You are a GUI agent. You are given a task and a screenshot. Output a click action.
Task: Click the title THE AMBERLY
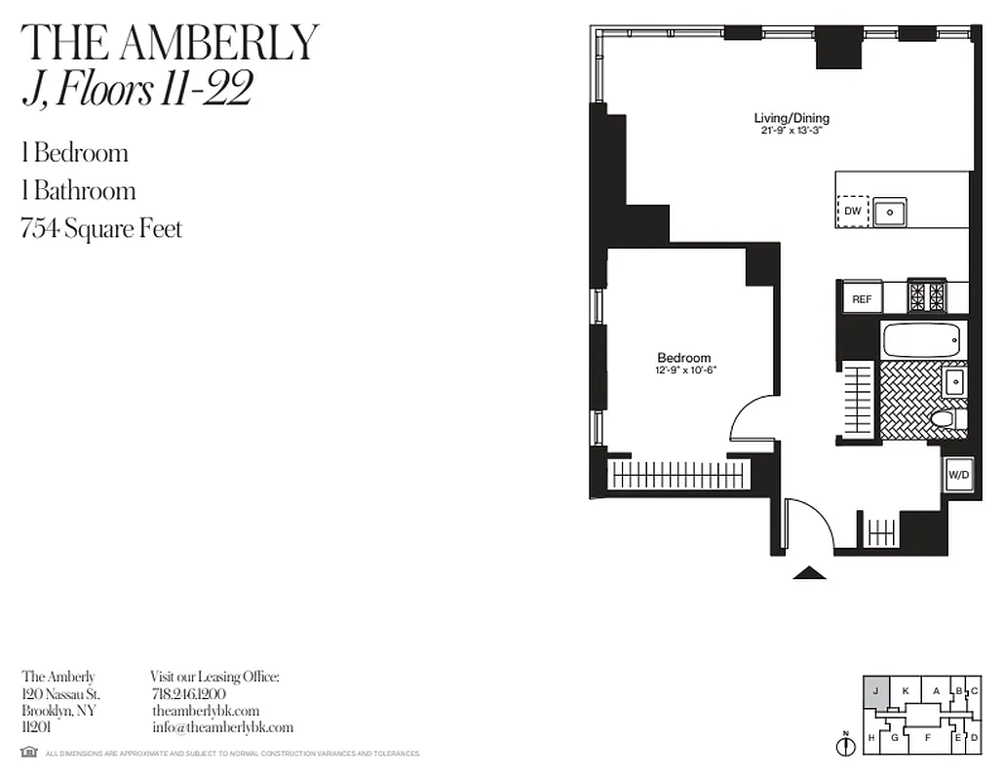[x=171, y=43]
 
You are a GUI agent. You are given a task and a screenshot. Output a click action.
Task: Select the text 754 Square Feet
[x=101, y=228]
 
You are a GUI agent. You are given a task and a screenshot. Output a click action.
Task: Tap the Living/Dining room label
[x=792, y=118]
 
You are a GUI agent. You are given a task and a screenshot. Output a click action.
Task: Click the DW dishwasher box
[x=853, y=211]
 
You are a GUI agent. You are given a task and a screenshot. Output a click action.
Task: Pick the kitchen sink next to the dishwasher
[x=889, y=211]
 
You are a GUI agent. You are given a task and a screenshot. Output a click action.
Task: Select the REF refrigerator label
[x=862, y=299]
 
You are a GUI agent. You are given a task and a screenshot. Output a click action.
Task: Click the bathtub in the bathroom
[x=921, y=340]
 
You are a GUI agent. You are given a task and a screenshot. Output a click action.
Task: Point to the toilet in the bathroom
[x=945, y=419]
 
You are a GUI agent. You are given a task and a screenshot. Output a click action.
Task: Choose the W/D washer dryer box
[x=958, y=475]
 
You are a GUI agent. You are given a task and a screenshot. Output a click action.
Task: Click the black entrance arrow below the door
[x=808, y=572]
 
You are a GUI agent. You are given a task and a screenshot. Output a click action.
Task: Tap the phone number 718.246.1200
[x=189, y=693]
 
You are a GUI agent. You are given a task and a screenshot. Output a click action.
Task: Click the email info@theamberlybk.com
[x=222, y=727]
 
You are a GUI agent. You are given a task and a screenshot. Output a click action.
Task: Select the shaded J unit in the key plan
[x=875, y=691]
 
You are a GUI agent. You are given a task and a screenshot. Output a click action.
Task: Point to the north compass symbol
[x=844, y=745]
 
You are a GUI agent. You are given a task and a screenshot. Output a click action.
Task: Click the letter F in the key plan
[x=927, y=738]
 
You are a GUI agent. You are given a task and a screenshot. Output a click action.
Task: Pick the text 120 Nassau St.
[x=60, y=693]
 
